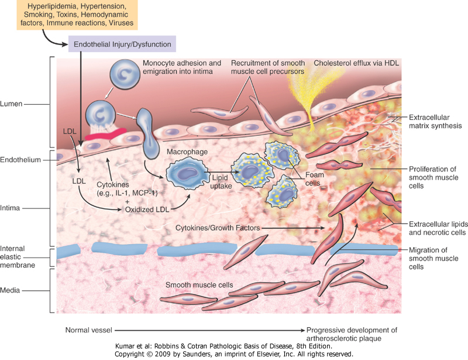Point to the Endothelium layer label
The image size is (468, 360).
tap(20, 159)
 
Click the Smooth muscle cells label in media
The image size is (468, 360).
tap(199, 285)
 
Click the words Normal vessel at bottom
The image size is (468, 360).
tap(90, 330)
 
